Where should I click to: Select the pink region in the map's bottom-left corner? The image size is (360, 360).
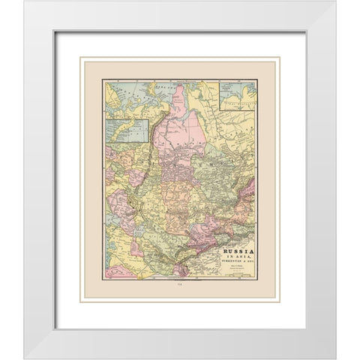coord(116,268)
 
